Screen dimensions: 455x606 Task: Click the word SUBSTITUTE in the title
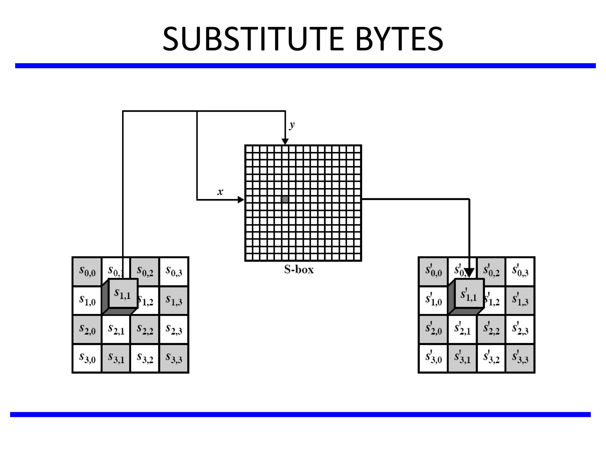pos(253,39)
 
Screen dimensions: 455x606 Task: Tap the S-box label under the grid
pos(299,270)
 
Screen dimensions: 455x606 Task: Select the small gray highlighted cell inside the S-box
pos(285,199)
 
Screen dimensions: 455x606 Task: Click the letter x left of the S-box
pos(220,192)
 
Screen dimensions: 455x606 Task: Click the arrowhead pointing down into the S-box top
pos(285,141)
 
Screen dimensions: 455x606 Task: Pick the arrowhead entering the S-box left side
pos(241,200)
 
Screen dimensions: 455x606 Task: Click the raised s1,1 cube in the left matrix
pos(123,293)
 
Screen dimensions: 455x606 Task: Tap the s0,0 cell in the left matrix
pos(87,271)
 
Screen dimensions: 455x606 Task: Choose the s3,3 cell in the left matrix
pos(174,358)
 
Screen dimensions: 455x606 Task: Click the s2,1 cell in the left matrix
pos(116,329)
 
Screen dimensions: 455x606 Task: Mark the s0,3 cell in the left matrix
pos(174,271)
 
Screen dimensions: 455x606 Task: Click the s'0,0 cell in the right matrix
pos(433,271)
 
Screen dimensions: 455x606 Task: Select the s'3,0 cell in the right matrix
pos(433,358)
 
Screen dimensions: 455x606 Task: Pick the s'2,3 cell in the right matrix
pos(520,329)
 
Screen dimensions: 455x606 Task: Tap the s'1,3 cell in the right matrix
pos(520,300)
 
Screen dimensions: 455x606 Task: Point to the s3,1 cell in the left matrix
pos(116,358)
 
